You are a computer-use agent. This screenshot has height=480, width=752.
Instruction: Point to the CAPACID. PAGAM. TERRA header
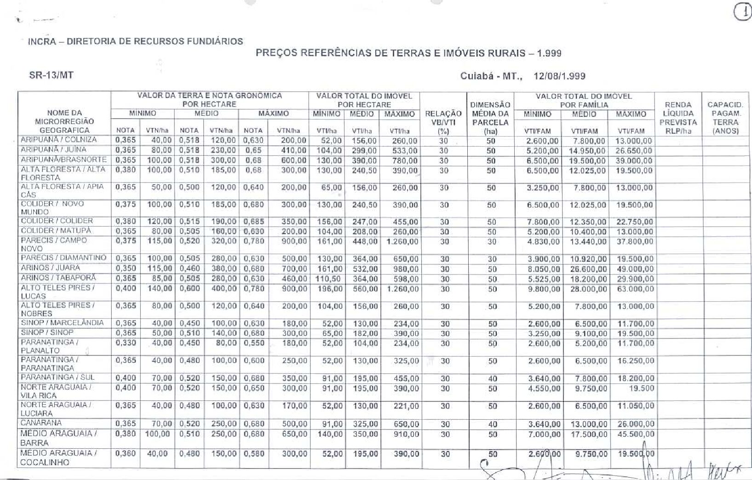pos(725,118)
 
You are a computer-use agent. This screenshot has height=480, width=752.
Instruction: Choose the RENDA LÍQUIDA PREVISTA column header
pos(678,118)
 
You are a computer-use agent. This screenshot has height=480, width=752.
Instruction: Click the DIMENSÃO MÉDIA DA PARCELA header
pos(491,118)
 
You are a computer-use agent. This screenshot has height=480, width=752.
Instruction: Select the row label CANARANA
pos(41,423)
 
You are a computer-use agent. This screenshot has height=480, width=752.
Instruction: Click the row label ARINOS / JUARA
pos(51,268)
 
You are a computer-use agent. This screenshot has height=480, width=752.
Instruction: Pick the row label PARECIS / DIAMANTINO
pos(63,258)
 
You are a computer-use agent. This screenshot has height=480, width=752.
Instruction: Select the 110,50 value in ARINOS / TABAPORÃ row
pos(328,279)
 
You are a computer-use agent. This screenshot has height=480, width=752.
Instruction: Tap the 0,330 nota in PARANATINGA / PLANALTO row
pos(126,343)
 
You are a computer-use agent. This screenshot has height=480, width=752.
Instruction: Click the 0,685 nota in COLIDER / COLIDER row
pos(253,222)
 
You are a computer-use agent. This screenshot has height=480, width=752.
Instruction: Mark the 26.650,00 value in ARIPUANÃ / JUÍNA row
pos(634,151)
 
